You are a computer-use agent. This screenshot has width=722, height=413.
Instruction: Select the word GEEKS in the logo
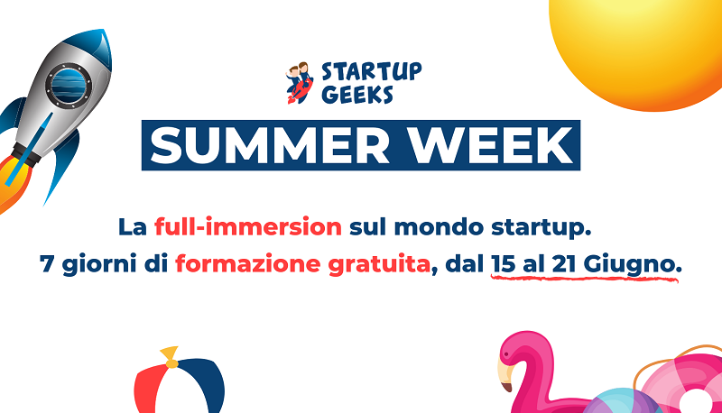click(x=356, y=94)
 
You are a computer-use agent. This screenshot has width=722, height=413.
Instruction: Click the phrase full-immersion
click(x=248, y=225)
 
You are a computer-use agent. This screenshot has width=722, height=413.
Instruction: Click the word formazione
click(x=235, y=266)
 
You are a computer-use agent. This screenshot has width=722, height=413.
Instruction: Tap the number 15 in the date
click(x=504, y=265)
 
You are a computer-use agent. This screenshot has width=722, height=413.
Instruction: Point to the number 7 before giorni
click(x=48, y=266)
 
